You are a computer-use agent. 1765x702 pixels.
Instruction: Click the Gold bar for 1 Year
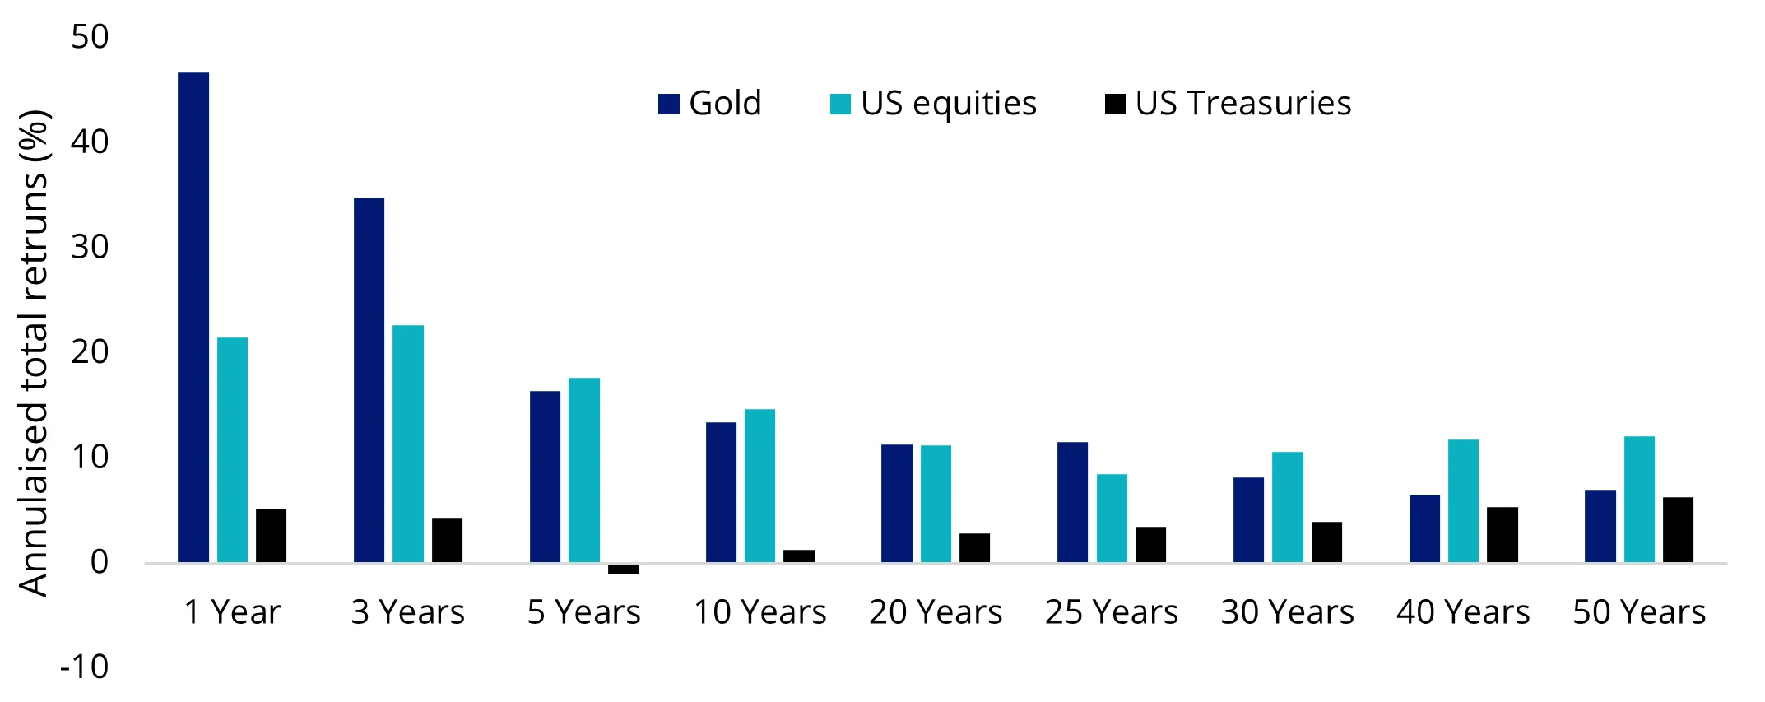point(193,317)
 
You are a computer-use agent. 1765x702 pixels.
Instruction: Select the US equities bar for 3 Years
point(408,444)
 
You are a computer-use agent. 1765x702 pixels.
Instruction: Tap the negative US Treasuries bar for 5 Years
point(623,569)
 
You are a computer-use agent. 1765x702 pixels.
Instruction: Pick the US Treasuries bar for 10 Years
point(799,556)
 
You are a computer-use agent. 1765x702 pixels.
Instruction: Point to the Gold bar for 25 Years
point(1072,502)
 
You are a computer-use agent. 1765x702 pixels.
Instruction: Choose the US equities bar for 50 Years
point(1639,500)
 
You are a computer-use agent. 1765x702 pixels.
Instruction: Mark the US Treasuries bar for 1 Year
point(271,536)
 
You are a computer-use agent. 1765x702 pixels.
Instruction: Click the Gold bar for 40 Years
point(1424,528)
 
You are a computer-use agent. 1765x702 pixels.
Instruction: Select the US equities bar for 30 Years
point(1288,507)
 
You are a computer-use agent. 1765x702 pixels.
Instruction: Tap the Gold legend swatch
point(669,105)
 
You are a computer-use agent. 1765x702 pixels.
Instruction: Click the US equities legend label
point(949,104)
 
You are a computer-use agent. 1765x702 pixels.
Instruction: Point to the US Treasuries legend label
point(1243,104)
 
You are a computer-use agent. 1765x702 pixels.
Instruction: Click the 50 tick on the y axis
point(90,37)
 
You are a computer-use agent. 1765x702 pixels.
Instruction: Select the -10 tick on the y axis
point(84,667)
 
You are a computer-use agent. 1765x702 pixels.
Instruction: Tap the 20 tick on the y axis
point(90,352)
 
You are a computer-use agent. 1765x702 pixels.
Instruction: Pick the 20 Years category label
point(936,612)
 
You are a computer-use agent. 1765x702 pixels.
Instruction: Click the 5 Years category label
point(584,612)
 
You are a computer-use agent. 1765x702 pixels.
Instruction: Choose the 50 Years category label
point(1639,612)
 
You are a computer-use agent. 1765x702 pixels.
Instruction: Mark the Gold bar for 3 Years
point(369,380)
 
